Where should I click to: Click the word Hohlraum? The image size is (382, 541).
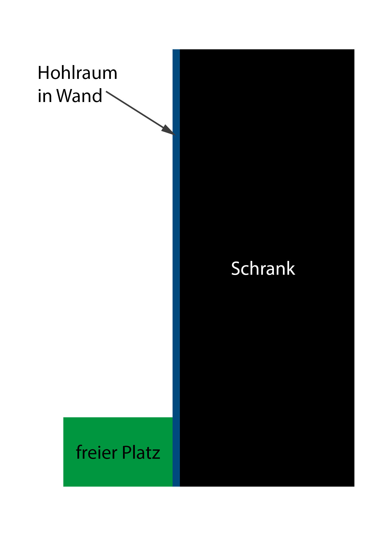[77, 73]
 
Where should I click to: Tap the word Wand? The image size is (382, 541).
[79, 96]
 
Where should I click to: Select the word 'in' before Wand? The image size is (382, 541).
[44, 96]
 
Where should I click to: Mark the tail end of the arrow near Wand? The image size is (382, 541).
[107, 92]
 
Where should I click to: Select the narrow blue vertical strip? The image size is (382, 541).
[176, 254]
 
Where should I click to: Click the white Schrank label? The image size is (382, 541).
[263, 269]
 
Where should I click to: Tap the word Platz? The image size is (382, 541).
[141, 453]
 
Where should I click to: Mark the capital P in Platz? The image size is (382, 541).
[127, 453]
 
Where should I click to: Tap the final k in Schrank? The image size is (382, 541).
[291, 269]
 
